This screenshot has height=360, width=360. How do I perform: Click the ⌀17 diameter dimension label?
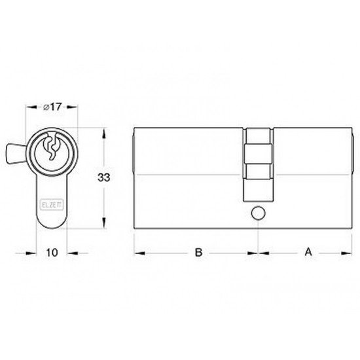52,107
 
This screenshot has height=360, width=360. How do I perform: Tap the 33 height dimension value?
104,177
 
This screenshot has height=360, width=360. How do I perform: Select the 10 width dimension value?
52,253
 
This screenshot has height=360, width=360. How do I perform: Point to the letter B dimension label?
198,252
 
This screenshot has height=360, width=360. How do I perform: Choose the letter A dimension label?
308,251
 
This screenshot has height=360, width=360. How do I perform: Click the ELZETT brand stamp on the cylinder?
52,204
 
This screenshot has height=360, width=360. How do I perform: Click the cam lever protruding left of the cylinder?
16,154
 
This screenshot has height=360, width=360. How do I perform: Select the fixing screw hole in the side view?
259,213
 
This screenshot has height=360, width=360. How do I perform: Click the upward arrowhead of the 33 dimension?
104,133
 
